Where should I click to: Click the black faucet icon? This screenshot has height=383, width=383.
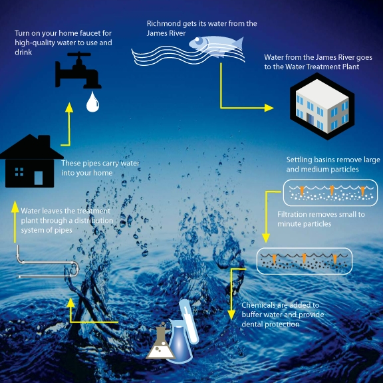click(78, 70)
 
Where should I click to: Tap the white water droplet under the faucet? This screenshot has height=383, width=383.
click(92, 102)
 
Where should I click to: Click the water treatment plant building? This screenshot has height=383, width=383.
click(322, 106)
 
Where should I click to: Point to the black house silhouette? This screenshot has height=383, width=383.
click(31, 161)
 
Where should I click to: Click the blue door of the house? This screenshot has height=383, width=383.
click(39, 178)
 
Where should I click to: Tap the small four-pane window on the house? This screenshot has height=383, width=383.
click(19, 172)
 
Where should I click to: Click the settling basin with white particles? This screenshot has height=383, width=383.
click(330, 193)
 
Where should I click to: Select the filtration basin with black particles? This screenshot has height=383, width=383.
click(305, 261)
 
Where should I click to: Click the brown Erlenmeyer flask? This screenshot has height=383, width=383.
click(160, 341)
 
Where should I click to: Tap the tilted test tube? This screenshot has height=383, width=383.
click(189, 321)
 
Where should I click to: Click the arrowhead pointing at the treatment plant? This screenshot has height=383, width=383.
click(269, 108)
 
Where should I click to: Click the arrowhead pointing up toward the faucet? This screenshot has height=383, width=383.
click(69, 108)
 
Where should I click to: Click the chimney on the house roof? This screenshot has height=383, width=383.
click(44, 140)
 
